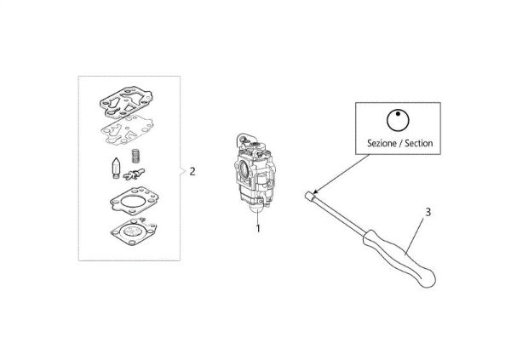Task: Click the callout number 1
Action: [258, 228]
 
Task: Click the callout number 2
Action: [192, 171]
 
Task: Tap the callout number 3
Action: [428, 212]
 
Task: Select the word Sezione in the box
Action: [382, 143]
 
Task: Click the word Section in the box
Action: [419, 143]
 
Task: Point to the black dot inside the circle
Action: [398, 114]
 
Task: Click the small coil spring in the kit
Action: [135, 156]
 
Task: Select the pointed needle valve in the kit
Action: [116, 169]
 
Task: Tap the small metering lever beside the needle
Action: [134, 175]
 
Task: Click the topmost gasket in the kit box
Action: [126, 101]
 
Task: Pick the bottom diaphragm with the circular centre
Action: [134, 231]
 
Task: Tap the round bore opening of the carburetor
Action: [244, 169]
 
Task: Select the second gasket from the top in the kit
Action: [128, 129]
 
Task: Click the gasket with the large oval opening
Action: [135, 201]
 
